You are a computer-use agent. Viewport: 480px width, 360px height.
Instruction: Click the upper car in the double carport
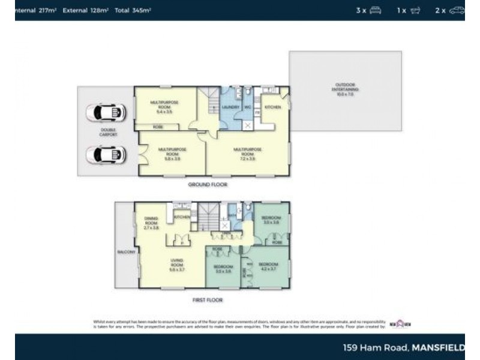point(106,112)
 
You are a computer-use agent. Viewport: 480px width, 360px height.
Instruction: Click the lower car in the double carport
point(106,155)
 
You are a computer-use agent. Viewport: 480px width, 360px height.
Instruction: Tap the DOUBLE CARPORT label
point(109,133)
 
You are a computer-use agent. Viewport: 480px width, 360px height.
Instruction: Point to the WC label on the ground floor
point(247,107)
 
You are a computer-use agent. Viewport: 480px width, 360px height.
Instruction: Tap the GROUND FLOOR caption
point(208,185)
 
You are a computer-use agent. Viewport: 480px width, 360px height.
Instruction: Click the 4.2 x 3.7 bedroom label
point(268,266)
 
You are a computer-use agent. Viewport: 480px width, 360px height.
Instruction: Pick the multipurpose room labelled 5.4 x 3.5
point(164,107)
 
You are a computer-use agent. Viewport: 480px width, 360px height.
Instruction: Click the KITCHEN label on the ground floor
point(273,107)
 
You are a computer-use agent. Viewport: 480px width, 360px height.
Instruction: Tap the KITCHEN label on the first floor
point(182,217)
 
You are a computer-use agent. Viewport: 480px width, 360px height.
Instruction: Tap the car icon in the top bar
point(457,10)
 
